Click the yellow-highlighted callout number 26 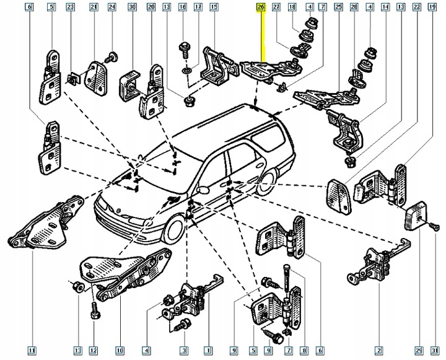260,7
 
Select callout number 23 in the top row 71,7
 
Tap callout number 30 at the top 131,7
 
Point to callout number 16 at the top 182,7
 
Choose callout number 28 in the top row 354,7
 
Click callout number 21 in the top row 94,7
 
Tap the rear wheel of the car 268,182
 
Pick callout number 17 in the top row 198,7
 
